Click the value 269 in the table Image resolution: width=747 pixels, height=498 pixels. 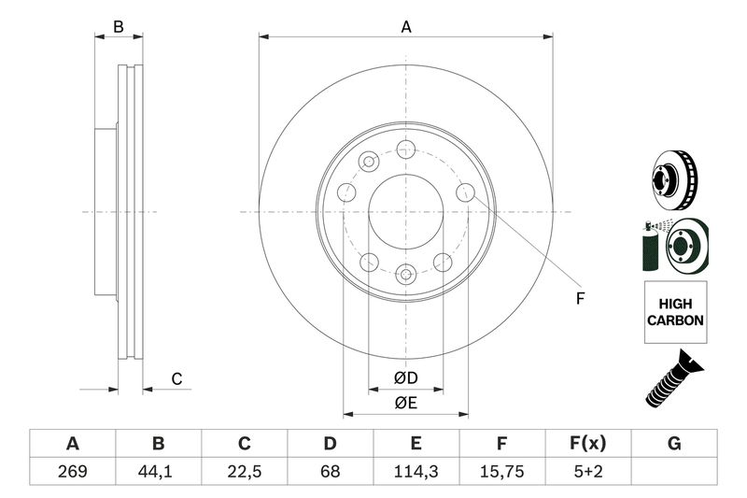pyautogui.click(x=73, y=471)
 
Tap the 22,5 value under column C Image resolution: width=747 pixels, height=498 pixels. pyautogui.click(x=244, y=471)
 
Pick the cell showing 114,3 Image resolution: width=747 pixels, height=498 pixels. pyautogui.click(x=416, y=471)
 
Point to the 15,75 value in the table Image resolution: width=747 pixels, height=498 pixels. pyautogui.click(x=502, y=471)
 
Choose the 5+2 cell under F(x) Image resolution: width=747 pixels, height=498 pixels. pyautogui.click(x=588, y=471)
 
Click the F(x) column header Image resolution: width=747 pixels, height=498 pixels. pyautogui.click(x=588, y=443)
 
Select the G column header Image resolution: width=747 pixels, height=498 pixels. pyautogui.click(x=674, y=443)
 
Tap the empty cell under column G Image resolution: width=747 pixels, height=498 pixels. pyautogui.click(x=674, y=471)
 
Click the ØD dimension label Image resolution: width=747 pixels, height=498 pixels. pyautogui.click(x=405, y=377)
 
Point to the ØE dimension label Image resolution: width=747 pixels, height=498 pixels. pyautogui.click(x=405, y=404)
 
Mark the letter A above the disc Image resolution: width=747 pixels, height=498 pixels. pyautogui.click(x=406, y=27)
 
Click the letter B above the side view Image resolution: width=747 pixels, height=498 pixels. pyautogui.click(x=119, y=27)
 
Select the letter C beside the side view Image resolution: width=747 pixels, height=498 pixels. pyautogui.click(x=176, y=379)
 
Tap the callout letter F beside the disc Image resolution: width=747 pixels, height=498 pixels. pyautogui.click(x=580, y=299)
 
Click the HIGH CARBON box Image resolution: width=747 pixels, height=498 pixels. pyautogui.click(x=675, y=312)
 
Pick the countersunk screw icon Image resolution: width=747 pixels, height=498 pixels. pyautogui.click(x=674, y=378)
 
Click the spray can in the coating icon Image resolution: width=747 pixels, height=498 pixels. pyautogui.click(x=651, y=247)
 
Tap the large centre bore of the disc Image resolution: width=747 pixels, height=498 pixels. pyautogui.click(x=406, y=211)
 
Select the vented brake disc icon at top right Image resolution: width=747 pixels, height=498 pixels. pyautogui.click(x=674, y=180)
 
